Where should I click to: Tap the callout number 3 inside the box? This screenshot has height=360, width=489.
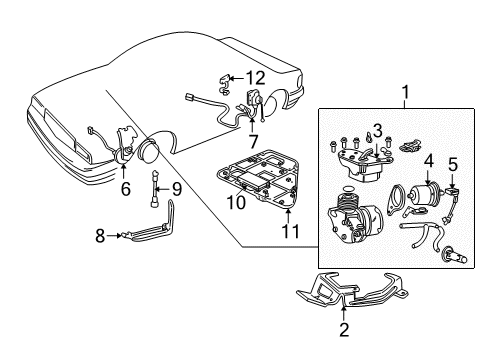[379, 131]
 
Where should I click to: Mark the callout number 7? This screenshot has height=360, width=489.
[253, 142]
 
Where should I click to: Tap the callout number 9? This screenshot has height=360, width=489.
[176, 188]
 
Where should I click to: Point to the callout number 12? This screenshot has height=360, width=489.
[258, 77]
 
